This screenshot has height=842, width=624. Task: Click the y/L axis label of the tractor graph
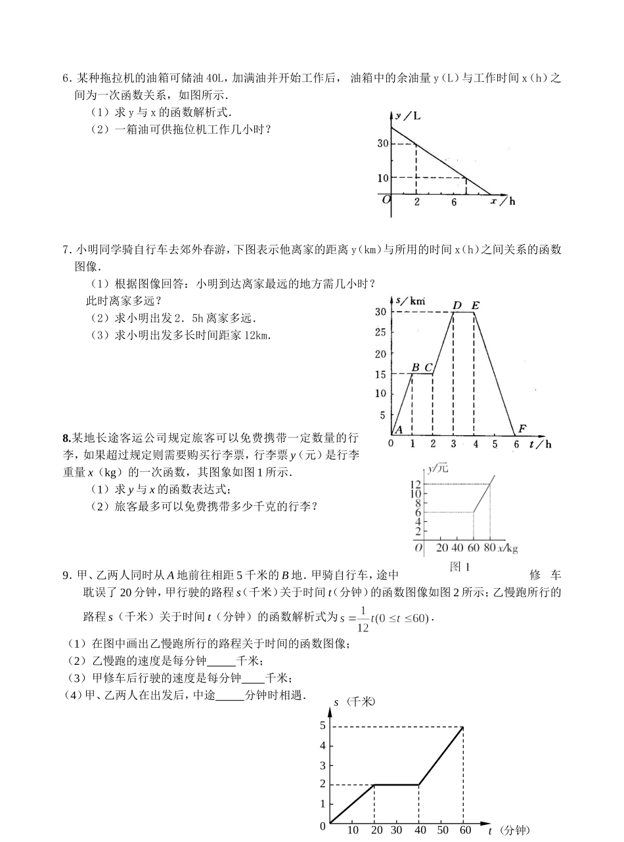(409, 116)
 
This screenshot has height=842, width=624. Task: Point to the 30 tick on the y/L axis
(383, 144)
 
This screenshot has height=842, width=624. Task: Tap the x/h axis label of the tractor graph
(504, 201)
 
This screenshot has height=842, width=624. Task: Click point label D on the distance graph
(457, 305)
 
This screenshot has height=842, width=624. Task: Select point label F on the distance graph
(523, 429)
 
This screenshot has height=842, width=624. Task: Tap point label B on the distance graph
(415, 367)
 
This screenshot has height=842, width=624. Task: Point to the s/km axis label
(411, 300)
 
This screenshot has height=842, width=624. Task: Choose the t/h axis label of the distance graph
(542, 444)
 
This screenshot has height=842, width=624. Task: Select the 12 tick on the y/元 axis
(416, 484)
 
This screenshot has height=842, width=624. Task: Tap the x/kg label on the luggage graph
(508, 547)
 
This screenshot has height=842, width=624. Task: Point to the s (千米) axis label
(355, 702)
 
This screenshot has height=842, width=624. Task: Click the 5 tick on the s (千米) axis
(323, 725)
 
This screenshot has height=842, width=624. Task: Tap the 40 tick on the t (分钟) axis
(419, 830)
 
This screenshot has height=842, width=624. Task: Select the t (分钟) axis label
(508, 830)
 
